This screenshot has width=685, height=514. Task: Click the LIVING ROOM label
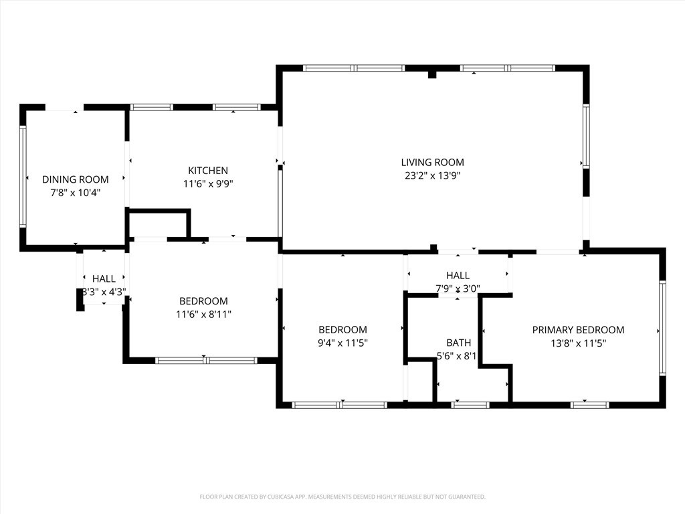432,162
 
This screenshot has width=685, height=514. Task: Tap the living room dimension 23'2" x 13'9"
432,176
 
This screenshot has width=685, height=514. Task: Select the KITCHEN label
207,171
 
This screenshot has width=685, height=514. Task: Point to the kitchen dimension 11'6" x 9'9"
207,184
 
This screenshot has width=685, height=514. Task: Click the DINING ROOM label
75,179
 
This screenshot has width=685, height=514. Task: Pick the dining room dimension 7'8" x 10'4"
75,193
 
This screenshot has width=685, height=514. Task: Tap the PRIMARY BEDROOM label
578,330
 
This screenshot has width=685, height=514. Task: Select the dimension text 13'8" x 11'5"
578,343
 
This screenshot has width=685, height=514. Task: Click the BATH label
458,343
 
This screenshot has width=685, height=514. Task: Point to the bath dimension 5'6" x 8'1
457,356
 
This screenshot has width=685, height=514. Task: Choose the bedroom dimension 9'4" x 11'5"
342,343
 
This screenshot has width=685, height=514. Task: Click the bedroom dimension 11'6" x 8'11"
203,315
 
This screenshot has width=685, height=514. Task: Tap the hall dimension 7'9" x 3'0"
458,288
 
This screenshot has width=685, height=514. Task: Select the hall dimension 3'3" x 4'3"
104,292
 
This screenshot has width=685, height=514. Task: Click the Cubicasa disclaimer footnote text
342,497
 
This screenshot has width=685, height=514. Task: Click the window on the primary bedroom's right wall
662,328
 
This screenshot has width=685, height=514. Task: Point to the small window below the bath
470,404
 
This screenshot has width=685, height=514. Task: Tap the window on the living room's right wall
586,136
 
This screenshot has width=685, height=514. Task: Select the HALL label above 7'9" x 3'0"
458,275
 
